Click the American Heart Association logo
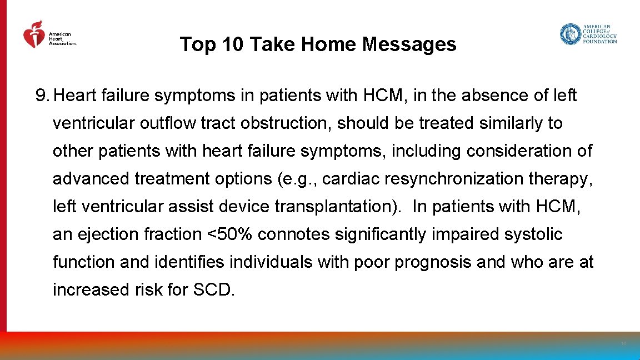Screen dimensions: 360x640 tap(49, 35)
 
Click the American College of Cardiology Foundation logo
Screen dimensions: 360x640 tap(588, 34)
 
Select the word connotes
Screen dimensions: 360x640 tap(294, 234)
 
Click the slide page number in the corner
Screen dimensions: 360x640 tap(623, 344)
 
